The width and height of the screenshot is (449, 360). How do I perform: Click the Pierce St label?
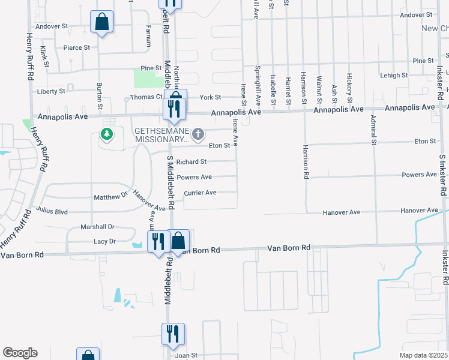pyautogui.click(x=77, y=47)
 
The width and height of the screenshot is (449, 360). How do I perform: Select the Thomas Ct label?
pyautogui.click(x=146, y=97)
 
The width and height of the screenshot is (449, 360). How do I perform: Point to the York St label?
pyautogui.click(x=211, y=97)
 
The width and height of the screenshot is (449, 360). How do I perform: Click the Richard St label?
pyautogui.click(x=191, y=161)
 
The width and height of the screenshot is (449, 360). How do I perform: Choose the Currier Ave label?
pyautogui.click(x=200, y=193)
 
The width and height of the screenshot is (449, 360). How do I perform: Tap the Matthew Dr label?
pyautogui.click(x=112, y=197)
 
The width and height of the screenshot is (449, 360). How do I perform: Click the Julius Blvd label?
pyautogui.click(x=52, y=211)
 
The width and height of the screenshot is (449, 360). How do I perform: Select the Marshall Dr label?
pyautogui.click(x=97, y=227)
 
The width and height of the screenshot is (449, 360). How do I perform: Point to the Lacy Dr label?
pyautogui.click(x=104, y=241)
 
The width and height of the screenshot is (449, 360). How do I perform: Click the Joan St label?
pyautogui.click(x=187, y=355)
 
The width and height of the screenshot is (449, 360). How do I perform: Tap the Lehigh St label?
pyautogui.click(x=394, y=76)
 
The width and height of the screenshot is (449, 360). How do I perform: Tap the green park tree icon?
pyautogui.click(x=107, y=134)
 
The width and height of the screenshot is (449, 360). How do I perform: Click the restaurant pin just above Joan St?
pyautogui.click(x=173, y=334)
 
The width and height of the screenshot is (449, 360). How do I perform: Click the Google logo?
pyautogui.click(x=20, y=353)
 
